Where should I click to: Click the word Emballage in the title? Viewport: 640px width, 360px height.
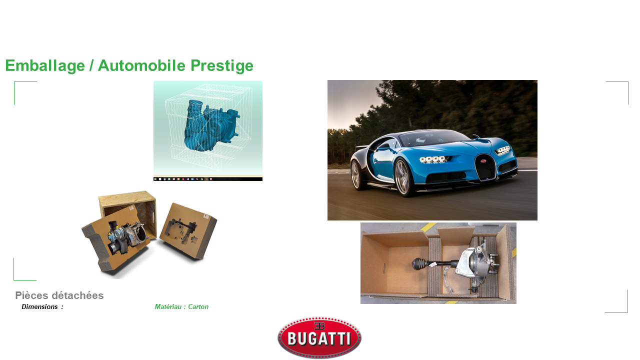tap(45, 65)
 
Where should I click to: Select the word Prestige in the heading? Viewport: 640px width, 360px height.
tap(222, 65)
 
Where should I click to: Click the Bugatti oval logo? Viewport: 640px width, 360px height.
tap(319, 337)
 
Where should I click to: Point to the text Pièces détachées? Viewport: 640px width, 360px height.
tap(59, 295)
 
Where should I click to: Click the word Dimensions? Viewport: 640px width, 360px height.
tap(39, 307)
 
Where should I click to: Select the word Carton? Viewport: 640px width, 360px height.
tap(198, 307)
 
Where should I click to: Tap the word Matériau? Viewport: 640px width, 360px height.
tap(168, 307)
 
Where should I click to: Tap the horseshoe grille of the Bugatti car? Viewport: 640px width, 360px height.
tap(485, 167)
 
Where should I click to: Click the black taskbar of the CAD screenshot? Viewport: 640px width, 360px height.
tap(208, 179)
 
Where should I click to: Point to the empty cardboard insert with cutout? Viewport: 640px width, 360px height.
tap(188, 231)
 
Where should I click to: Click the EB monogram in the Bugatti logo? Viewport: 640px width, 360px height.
tap(319, 326)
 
